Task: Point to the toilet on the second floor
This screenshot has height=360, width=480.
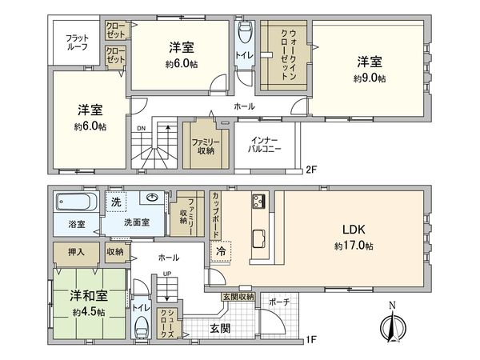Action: pyautogui.click(x=245, y=34)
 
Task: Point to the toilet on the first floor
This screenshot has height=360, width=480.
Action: pyautogui.click(x=142, y=327)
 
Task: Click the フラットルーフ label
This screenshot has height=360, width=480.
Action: pyautogui.click(x=76, y=41)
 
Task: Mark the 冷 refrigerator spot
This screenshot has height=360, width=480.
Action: pyautogui.click(x=220, y=251)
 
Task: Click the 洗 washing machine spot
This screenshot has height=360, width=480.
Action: pyautogui.click(x=115, y=200)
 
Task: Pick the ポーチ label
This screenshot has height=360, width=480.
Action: pyautogui.click(x=280, y=303)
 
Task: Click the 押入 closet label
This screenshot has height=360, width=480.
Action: pyautogui.click(x=70, y=251)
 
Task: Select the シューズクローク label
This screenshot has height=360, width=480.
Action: pyautogui.click(x=167, y=326)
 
